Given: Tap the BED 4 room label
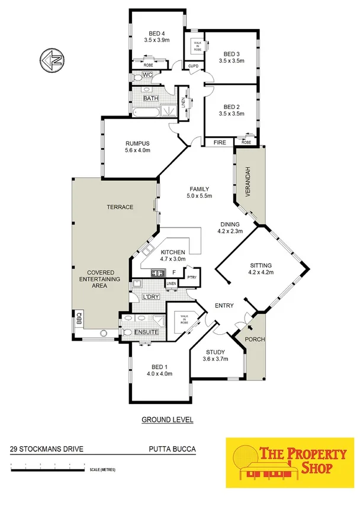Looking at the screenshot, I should point(156,34).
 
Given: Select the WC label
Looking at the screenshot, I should point(148,75).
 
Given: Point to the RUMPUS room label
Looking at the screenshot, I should point(137,143).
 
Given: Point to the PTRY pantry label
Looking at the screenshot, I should point(191,277).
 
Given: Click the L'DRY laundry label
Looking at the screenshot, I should point(149,296).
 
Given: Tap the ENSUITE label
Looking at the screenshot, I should point(146,332).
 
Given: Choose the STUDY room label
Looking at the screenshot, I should point(216,351).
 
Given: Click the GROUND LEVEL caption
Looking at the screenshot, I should point(168,419).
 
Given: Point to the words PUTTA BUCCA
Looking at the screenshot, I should point(172,449).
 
